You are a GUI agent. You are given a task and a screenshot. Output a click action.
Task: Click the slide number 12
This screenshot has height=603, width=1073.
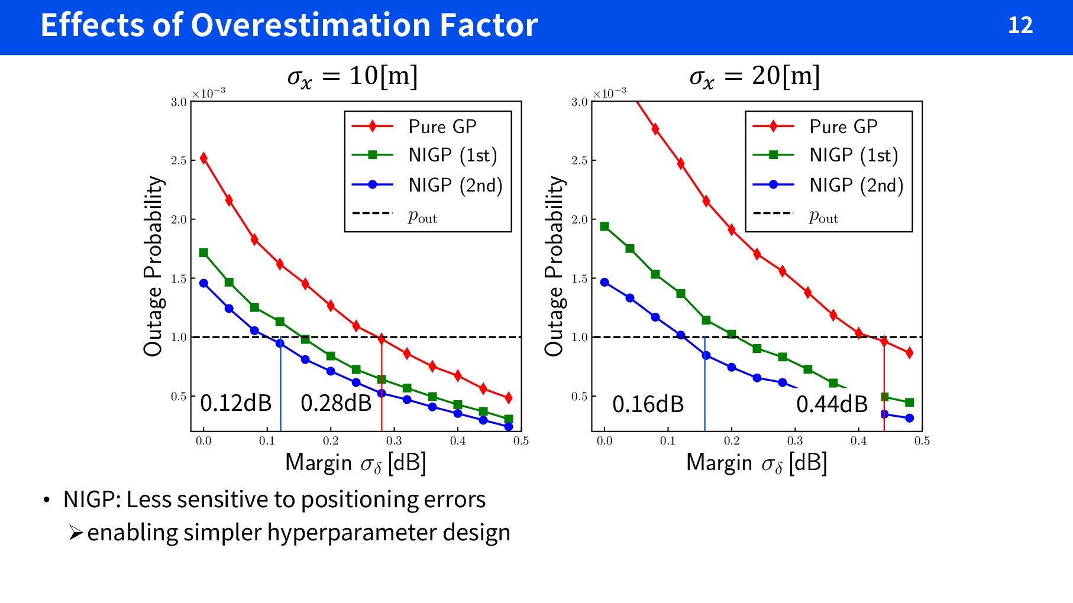tap(1020, 25)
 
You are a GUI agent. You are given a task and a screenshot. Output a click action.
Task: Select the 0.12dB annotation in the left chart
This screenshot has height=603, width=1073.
tap(235, 403)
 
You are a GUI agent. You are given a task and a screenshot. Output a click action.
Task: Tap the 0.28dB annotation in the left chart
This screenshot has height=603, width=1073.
tap(336, 403)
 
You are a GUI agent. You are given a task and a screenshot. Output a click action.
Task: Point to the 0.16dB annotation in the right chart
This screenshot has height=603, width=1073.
tap(648, 404)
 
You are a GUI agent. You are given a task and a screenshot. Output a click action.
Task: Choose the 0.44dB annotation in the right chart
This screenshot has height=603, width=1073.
tap(832, 404)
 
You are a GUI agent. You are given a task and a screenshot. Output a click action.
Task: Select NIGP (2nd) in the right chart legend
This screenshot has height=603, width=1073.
tap(856, 185)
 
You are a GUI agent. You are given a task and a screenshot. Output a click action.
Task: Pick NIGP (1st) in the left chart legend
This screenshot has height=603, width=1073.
tap(452, 155)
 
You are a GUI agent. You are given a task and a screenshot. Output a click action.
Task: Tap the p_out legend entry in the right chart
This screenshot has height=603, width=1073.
tap(823, 217)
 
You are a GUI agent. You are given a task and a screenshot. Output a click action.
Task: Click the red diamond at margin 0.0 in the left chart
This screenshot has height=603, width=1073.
tap(203, 158)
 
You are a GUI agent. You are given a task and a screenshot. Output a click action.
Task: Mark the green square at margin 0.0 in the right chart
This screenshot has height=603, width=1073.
tap(605, 226)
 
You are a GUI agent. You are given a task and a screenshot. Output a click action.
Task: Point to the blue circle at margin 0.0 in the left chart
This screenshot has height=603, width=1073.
tap(203, 283)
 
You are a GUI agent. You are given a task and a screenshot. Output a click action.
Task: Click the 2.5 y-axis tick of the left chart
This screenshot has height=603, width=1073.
tap(179, 161)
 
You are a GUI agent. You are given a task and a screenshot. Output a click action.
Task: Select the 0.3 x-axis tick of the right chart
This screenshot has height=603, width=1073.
tap(795, 441)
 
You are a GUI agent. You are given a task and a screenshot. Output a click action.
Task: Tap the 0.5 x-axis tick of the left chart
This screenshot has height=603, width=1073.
tap(521, 441)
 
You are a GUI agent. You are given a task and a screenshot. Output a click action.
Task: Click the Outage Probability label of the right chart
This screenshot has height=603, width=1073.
tap(554, 266)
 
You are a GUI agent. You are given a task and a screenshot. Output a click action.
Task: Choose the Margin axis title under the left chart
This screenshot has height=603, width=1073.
tap(355, 463)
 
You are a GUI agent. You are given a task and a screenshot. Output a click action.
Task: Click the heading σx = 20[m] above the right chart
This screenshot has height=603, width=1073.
tap(754, 77)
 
